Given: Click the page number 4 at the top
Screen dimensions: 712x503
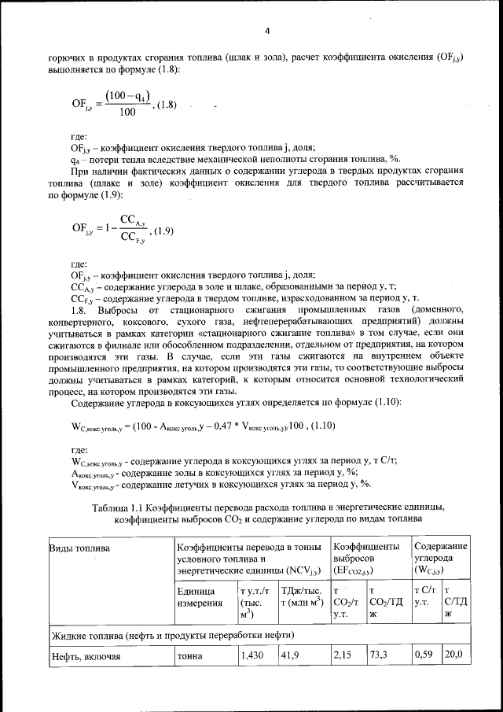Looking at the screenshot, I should pyautogui.click(x=266, y=31).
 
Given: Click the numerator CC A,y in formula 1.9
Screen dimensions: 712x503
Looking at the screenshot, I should pyautogui.click(x=131, y=221).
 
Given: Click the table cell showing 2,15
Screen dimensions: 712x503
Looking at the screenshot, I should pyautogui.click(x=344, y=655).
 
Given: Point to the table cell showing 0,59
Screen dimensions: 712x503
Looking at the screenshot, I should pyautogui.click(x=424, y=655).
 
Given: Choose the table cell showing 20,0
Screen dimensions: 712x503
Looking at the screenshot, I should pyautogui.click(x=454, y=655).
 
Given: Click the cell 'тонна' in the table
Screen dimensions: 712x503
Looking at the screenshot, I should pyautogui.click(x=191, y=655).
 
